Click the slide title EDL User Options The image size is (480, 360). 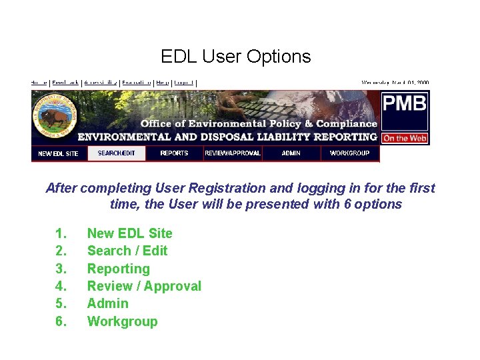point(235,57)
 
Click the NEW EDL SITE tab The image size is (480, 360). point(58,153)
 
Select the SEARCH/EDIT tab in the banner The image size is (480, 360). point(116,153)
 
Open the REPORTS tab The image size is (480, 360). point(174,153)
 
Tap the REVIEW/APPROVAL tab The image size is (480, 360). point(232,153)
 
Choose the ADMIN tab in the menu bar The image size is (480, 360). point(291,153)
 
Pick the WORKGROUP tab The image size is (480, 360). point(349,153)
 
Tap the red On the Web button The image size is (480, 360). point(405,139)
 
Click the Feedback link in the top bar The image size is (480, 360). point(65,83)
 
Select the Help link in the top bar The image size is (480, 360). point(161,83)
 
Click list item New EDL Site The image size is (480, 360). point(129,233)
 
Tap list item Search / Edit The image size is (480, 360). point(127,251)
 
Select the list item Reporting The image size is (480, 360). point(118,269)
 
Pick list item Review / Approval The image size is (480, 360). point(144,286)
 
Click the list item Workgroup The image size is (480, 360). point(122,321)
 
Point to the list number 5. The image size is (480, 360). point(61,303)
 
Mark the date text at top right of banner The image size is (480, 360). point(395,83)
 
